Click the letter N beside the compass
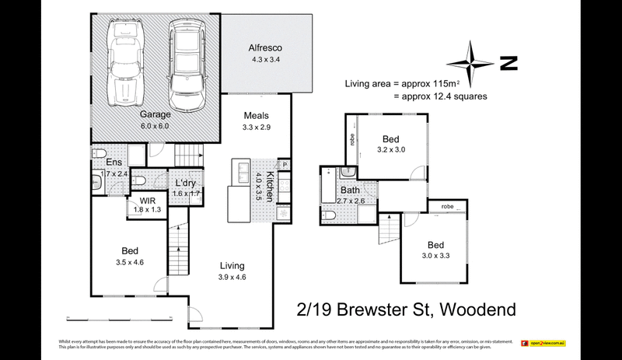point(509,64)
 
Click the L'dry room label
point(184,182)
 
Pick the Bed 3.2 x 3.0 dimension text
point(390,149)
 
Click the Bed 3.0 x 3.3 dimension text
point(435,253)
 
